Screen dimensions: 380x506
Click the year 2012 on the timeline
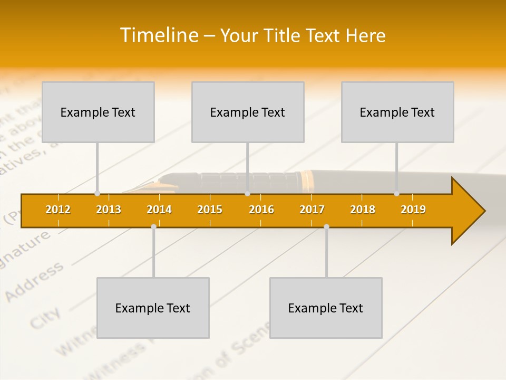[x=58, y=210]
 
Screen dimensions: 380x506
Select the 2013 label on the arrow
[x=109, y=210]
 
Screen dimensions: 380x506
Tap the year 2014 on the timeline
[x=159, y=210]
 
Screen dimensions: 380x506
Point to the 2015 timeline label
[x=210, y=210]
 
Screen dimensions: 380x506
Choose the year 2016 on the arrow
[x=261, y=210]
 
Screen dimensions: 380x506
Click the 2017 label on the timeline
[x=312, y=210]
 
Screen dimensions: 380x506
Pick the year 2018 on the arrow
[x=363, y=210]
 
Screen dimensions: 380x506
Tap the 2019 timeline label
[x=413, y=210]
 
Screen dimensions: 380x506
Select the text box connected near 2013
[x=98, y=112]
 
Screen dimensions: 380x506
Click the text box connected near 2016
[x=248, y=112]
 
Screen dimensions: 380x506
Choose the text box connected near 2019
[x=397, y=112]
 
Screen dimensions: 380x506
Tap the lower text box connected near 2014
[x=153, y=308]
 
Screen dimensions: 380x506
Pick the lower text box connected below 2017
[x=326, y=308]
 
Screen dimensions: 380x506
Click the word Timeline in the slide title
[x=158, y=35]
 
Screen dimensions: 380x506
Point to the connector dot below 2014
[x=153, y=226]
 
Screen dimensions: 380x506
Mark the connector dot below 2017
[x=326, y=226]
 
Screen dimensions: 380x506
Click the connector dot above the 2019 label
[x=397, y=193]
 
